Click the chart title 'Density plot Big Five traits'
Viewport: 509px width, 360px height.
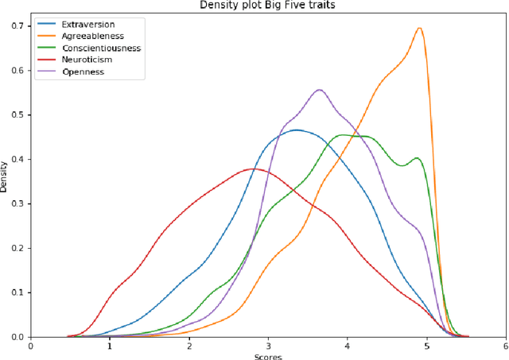267,6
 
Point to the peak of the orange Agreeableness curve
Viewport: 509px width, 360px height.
419,28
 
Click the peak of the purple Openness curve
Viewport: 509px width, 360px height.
320,89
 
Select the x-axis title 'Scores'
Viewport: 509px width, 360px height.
267,355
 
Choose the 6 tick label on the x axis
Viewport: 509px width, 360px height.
505,346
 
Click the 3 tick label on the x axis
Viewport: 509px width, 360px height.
268,346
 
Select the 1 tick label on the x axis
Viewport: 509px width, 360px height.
110,346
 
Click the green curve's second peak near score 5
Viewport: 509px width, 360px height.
417,158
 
